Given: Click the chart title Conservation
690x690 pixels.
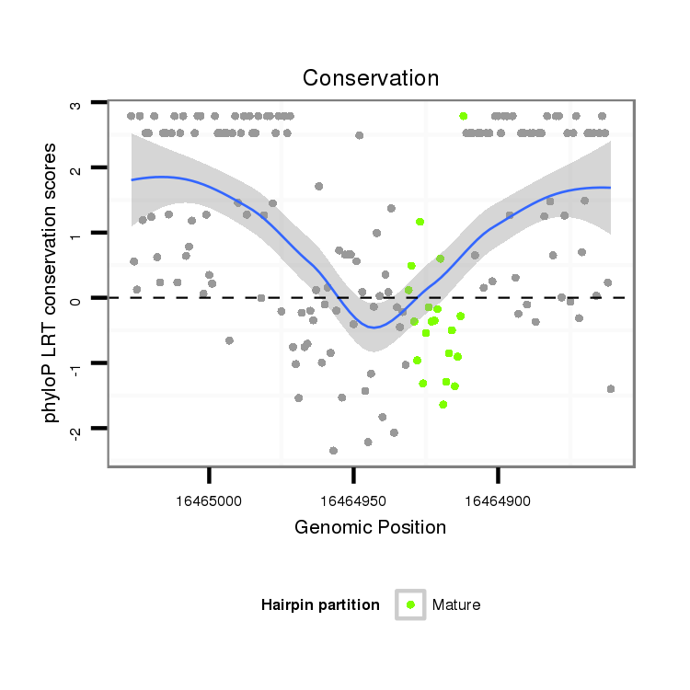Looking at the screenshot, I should [x=371, y=78].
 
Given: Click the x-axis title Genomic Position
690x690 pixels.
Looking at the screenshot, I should [x=370, y=528].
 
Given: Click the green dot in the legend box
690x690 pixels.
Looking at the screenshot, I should [x=410, y=604].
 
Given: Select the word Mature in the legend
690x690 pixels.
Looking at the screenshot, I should [x=456, y=604].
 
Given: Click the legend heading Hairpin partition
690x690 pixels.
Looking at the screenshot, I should [x=320, y=604].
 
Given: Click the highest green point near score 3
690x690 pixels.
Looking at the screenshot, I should [x=463, y=116].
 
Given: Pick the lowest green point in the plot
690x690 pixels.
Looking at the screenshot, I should [x=443, y=404].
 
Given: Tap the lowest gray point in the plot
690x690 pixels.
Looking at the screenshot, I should [x=333, y=451].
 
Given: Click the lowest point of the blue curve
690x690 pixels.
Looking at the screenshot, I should [x=373, y=327].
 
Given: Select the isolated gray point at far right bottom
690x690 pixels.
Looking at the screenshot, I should [x=611, y=389].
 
